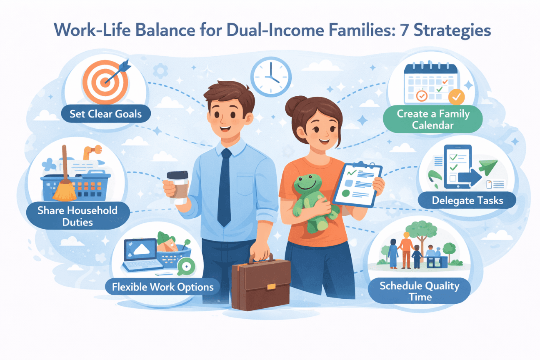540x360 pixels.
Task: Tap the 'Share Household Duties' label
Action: coord(77,216)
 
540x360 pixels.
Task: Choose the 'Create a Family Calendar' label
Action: coord(433,119)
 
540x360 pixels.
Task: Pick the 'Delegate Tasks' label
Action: coord(467,200)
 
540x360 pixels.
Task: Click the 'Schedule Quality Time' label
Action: coord(419,291)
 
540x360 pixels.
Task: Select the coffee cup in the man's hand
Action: coord(177,187)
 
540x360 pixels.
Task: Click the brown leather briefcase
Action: coord(260,284)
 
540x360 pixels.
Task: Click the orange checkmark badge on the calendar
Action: coord(457,97)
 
